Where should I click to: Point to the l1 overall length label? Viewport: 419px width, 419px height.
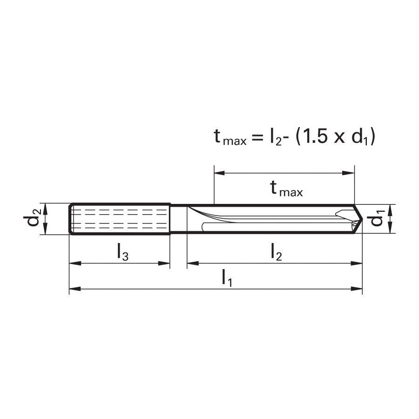[227, 278]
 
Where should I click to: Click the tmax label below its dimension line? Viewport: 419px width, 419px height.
[286, 189]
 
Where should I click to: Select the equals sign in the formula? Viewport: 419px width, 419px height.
[257, 138]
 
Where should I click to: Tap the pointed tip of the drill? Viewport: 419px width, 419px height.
[362, 219]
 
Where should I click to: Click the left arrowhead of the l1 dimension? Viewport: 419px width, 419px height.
[75, 289]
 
